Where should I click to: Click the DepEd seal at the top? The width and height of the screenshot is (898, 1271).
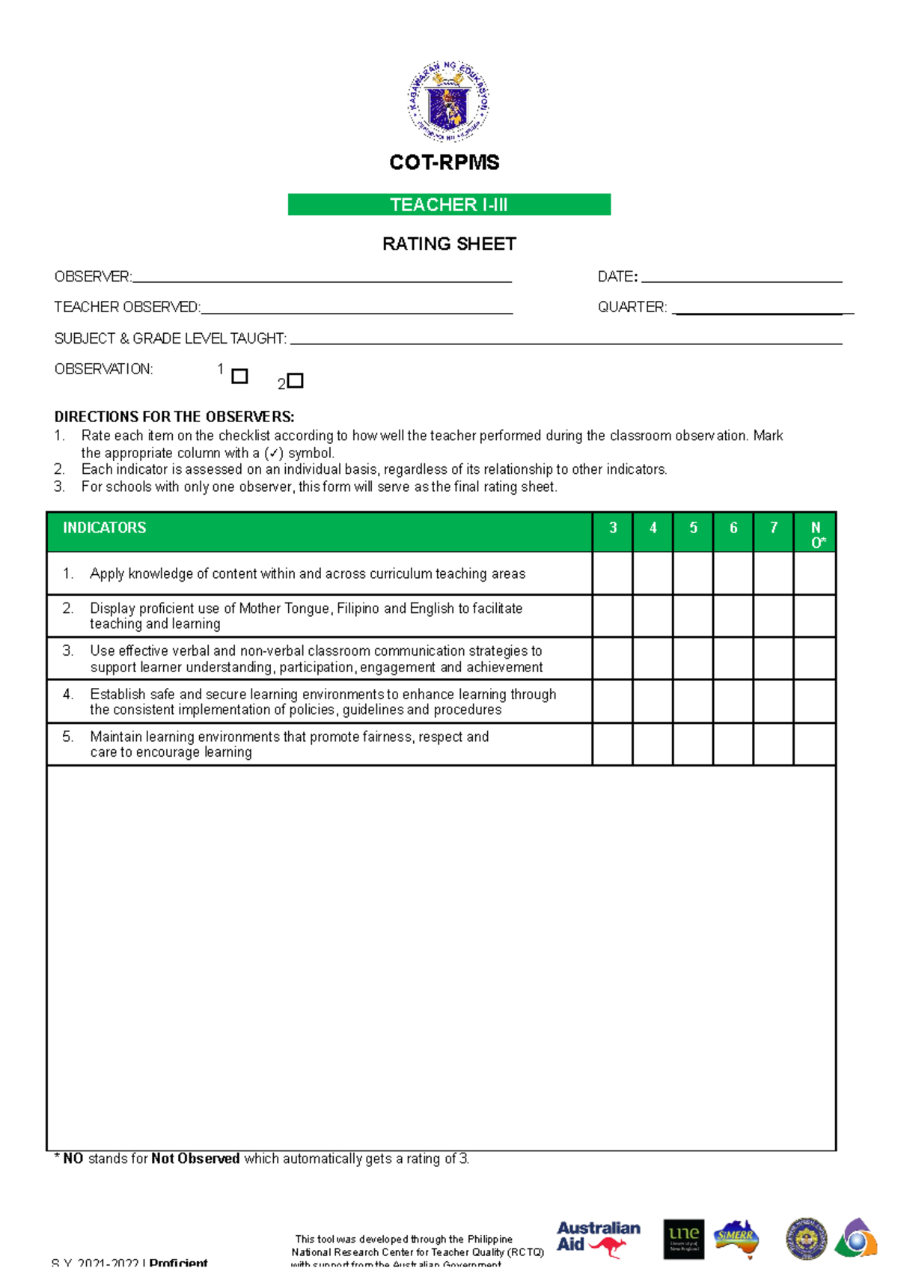(448, 101)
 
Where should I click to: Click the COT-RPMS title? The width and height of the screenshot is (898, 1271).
(445, 162)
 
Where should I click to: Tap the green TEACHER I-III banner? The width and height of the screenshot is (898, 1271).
(449, 204)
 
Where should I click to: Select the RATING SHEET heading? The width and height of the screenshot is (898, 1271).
(449, 244)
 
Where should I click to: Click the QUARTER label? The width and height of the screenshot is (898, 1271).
(632, 308)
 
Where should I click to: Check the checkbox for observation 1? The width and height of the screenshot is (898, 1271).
(239, 376)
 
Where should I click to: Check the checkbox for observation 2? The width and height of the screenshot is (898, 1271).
(296, 380)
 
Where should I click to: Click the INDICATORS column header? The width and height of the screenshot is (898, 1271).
(105, 528)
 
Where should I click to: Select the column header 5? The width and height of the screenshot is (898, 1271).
(693, 528)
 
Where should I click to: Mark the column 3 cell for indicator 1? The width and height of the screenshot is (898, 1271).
(612, 573)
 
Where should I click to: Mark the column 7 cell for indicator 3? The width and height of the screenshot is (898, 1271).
(773, 659)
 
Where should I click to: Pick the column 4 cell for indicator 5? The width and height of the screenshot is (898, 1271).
(653, 744)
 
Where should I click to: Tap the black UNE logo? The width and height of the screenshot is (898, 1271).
(684, 1238)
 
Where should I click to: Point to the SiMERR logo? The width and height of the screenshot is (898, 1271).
(736, 1238)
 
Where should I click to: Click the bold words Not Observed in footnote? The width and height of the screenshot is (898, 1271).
(195, 1159)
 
